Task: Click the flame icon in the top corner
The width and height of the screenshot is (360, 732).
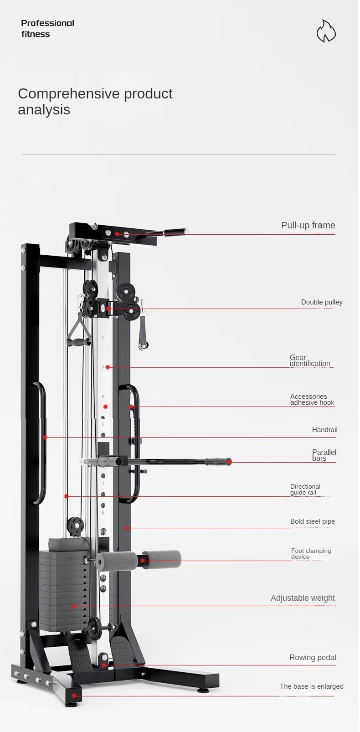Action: (x=326, y=31)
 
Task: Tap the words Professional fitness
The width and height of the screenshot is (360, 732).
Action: (x=47, y=28)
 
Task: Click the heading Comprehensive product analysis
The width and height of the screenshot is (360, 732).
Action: (x=95, y=101)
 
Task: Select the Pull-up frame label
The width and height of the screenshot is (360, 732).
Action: (x=308, y=225)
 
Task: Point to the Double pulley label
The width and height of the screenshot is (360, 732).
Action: (x=321, y=302)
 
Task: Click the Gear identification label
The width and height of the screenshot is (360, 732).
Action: (x=309, y=361)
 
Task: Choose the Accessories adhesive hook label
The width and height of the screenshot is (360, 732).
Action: (x=312, y=399)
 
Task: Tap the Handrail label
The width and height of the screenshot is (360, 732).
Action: (x=324, y=430)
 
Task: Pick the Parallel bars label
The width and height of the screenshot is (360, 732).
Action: (x=324, y=455)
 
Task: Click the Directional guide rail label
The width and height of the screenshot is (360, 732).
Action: (x=305, y=490)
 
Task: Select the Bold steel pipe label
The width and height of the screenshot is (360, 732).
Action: (x=312, y=521)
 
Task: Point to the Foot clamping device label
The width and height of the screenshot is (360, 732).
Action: (x=311, y=554)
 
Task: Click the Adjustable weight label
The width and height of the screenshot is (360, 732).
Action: (x=303, y=598)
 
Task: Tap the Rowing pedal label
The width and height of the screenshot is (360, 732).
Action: (x=313, y=657)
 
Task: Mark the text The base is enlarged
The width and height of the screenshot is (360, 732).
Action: (x=311, y=686)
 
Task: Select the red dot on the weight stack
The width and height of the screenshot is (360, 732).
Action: (x=73, y=606)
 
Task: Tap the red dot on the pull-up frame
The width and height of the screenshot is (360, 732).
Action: (x=117, y=234)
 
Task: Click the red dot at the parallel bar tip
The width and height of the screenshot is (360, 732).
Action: (x=229, y=462)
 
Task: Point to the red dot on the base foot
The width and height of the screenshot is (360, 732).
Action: (x=74, y=696)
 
